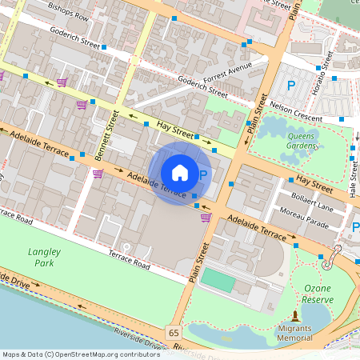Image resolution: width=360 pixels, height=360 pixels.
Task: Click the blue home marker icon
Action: tap(180, 172)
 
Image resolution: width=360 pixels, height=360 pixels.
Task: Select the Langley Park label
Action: tap(44, 256)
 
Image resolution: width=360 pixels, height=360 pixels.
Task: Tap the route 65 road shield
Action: tap(174, 331)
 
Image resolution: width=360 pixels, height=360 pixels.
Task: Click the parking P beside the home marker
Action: tap(202, 175)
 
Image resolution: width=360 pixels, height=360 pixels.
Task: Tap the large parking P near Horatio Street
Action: tap(292, 85)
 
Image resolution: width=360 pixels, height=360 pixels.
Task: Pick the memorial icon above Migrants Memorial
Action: tap(295, 317)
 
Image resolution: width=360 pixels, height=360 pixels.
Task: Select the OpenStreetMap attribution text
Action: tap(82, 354)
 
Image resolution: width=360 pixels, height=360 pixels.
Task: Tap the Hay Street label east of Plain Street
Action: tap(313, 182)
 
